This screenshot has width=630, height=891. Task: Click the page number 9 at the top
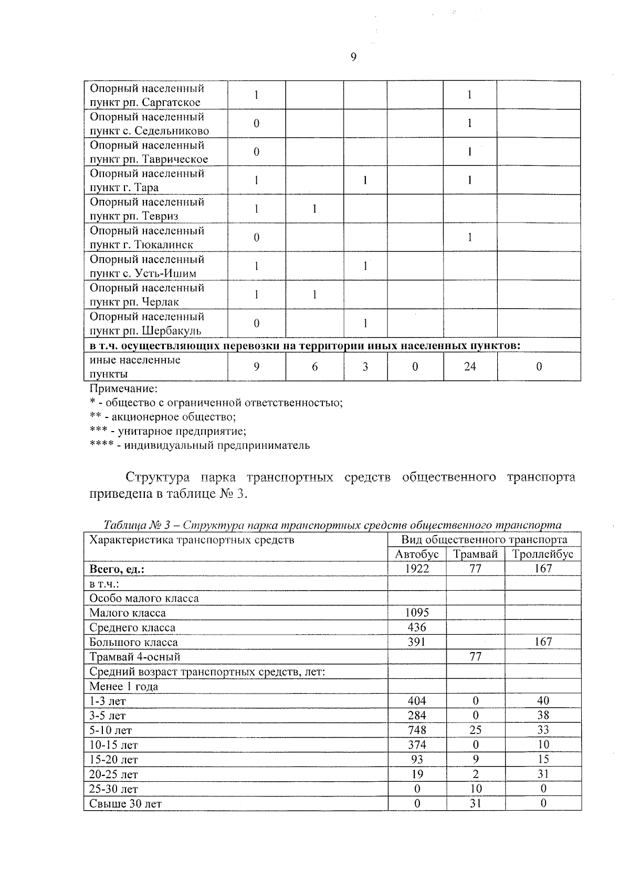pos(353,57)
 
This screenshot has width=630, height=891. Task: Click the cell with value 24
pos(470,366)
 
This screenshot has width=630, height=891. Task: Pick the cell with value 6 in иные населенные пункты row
pos(314,367)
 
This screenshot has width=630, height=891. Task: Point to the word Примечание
pos(124,389)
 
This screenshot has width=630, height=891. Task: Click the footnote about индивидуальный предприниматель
pos(199,446)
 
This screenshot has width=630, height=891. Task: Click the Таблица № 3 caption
pos(332,525)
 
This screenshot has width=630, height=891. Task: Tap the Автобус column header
pos(417,554)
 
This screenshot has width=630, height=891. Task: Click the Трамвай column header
pos(475,554)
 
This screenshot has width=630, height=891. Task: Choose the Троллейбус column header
pos(543,554)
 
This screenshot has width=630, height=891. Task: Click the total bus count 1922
pos(417,569)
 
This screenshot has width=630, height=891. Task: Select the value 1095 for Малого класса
pos(417,613)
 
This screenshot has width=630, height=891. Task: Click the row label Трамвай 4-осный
pos(135,657)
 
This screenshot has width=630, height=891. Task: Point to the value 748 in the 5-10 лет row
pos(417,730)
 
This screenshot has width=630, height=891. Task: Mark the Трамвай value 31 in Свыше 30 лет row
pos(475,804)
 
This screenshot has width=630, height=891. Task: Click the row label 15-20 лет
pos(114,760)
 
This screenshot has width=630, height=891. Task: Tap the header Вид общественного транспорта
pos(484,540)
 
